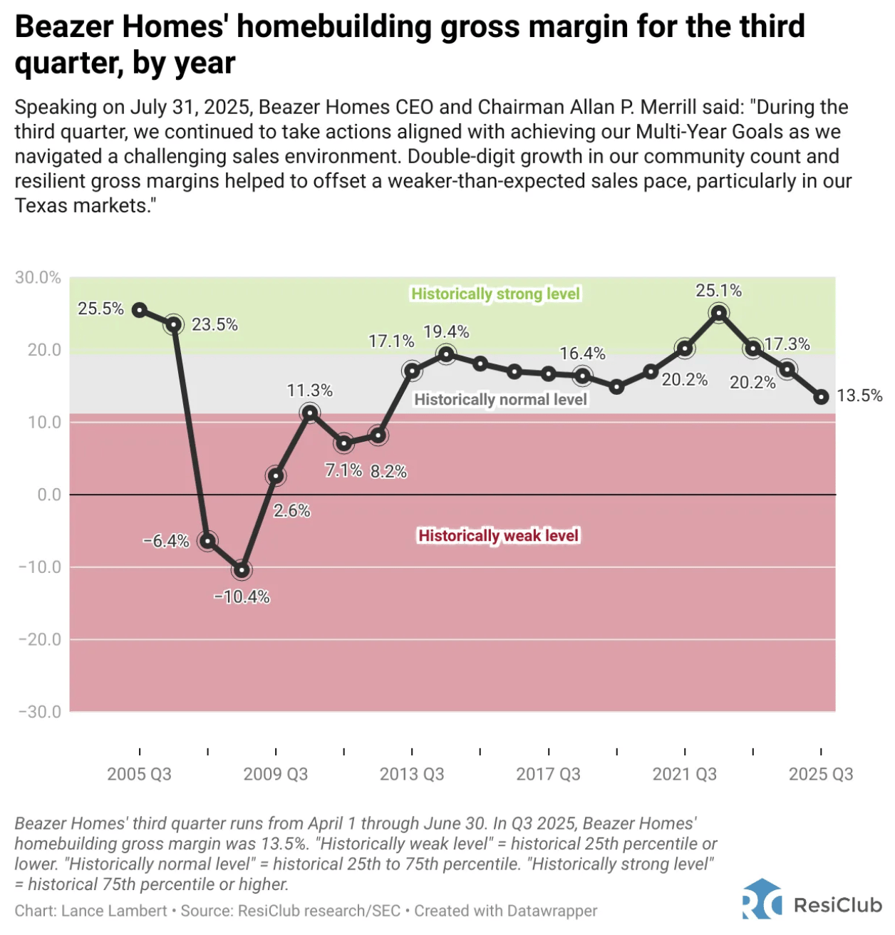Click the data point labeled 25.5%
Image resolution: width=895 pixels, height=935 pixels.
pyautogui.click(x=140, y=310)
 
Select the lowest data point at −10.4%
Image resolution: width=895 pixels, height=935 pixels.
pyautogui.click(x=242, y=570)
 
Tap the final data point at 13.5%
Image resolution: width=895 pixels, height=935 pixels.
pyautogui.click(x=821, y=397)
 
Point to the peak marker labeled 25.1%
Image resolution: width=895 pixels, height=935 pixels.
pyautogui.click(x=719, y=313)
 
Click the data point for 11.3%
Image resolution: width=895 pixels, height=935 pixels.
pyautogui.click(x=310, y=413)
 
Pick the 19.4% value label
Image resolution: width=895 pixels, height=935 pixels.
pyautogui.click(x=446, y=332)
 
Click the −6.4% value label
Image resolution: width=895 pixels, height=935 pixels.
pyautogui.click(x=166, y=541)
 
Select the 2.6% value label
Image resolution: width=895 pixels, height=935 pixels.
pyautogui.click(x=291, y=511)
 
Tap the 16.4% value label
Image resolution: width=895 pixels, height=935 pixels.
pyautogui.click(x=582, y=353)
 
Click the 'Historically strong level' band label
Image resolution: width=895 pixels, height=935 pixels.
pyautogui.click(x=496, y=294)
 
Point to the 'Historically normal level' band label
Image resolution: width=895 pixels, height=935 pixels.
pyautogui.click(x=500, y=399)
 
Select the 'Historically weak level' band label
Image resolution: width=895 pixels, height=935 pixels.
pyautogui.click(x=498, y=535)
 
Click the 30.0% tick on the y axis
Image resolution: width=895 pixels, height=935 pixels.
pyautogui.click(x=38, y=278)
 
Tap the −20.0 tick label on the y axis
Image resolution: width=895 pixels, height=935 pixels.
pyautogui.click(x=40, y=639)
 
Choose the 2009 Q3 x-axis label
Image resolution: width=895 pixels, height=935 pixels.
pyautogui.click(x=276, y=774)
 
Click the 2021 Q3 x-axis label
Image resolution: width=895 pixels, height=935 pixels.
pyautogui.click(x=685, y=774)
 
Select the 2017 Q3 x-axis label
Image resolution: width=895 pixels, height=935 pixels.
pyautogui.click(x=548, y=774)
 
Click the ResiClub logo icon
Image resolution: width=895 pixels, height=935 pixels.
pyautogui.click(x=761, y=899)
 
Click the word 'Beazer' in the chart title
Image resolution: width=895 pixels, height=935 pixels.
pyautogui.click(x=63, y=27)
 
